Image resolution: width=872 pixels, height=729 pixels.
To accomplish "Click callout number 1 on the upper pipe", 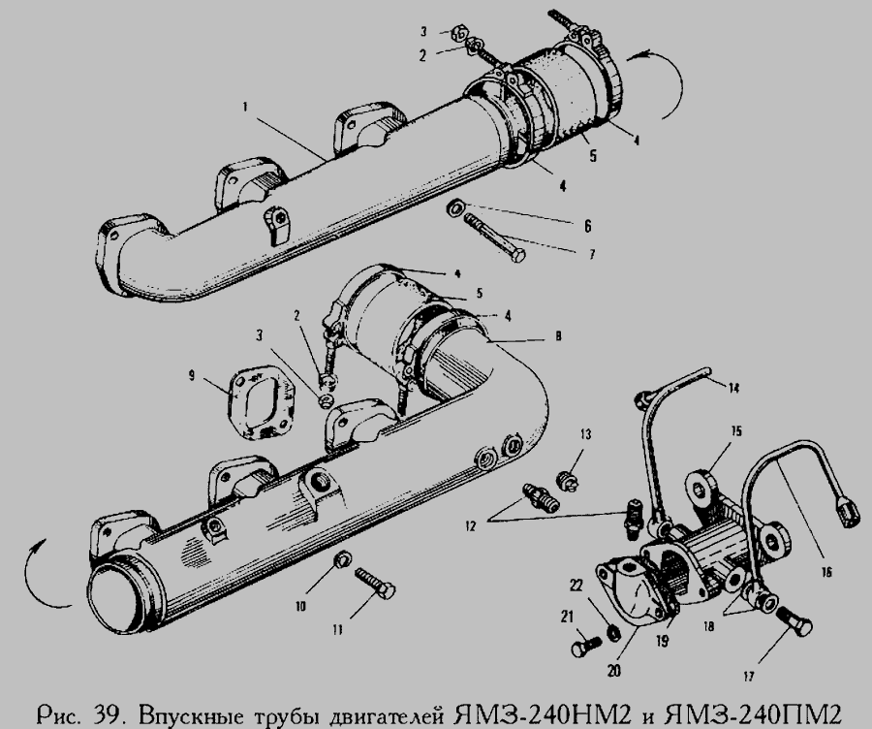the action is pyautogui.click(x=245, y=108).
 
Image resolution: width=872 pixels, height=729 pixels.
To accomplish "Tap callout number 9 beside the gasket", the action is pyautogui.click(x=192, y=377).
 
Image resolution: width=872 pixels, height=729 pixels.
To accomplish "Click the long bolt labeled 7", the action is pyautogui.click(x=494, y=238).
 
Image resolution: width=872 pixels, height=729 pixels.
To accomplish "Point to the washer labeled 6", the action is pyautogui.click(x=455, y=208).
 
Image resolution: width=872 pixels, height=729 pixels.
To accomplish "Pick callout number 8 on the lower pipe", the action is pyautogui.click(x=559, y=336).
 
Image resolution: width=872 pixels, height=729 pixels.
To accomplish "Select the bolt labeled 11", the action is pyautogui.click(x=375, y=582).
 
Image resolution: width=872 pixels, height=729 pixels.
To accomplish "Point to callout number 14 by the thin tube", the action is pyautogui.click(x=734, y=388).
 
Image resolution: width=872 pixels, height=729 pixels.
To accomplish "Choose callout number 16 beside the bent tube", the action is pyautogui.click(x=825, y=572).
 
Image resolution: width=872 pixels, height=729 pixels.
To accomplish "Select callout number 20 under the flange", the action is pyautogui.click(x=614, y=672).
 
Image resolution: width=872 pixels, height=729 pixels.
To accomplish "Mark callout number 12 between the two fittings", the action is pyautogui.click(x=471, y=525).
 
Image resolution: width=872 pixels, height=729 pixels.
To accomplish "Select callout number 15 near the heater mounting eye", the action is pyautogui.click(x=737, y=431).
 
